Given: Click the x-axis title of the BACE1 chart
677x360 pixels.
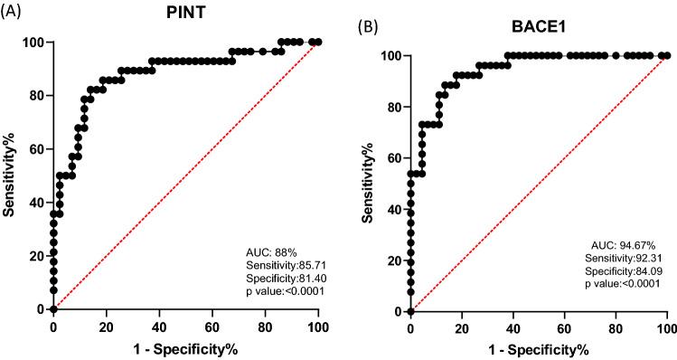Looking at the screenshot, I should pos(540,349).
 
